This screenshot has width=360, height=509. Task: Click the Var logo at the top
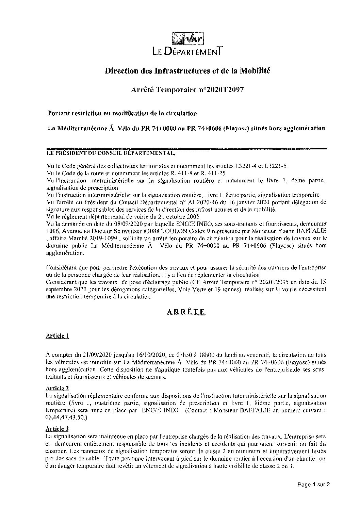click(188, 38)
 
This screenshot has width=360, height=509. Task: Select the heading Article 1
click(57, 336)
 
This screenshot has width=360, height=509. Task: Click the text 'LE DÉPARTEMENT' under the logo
click(187, 52)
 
